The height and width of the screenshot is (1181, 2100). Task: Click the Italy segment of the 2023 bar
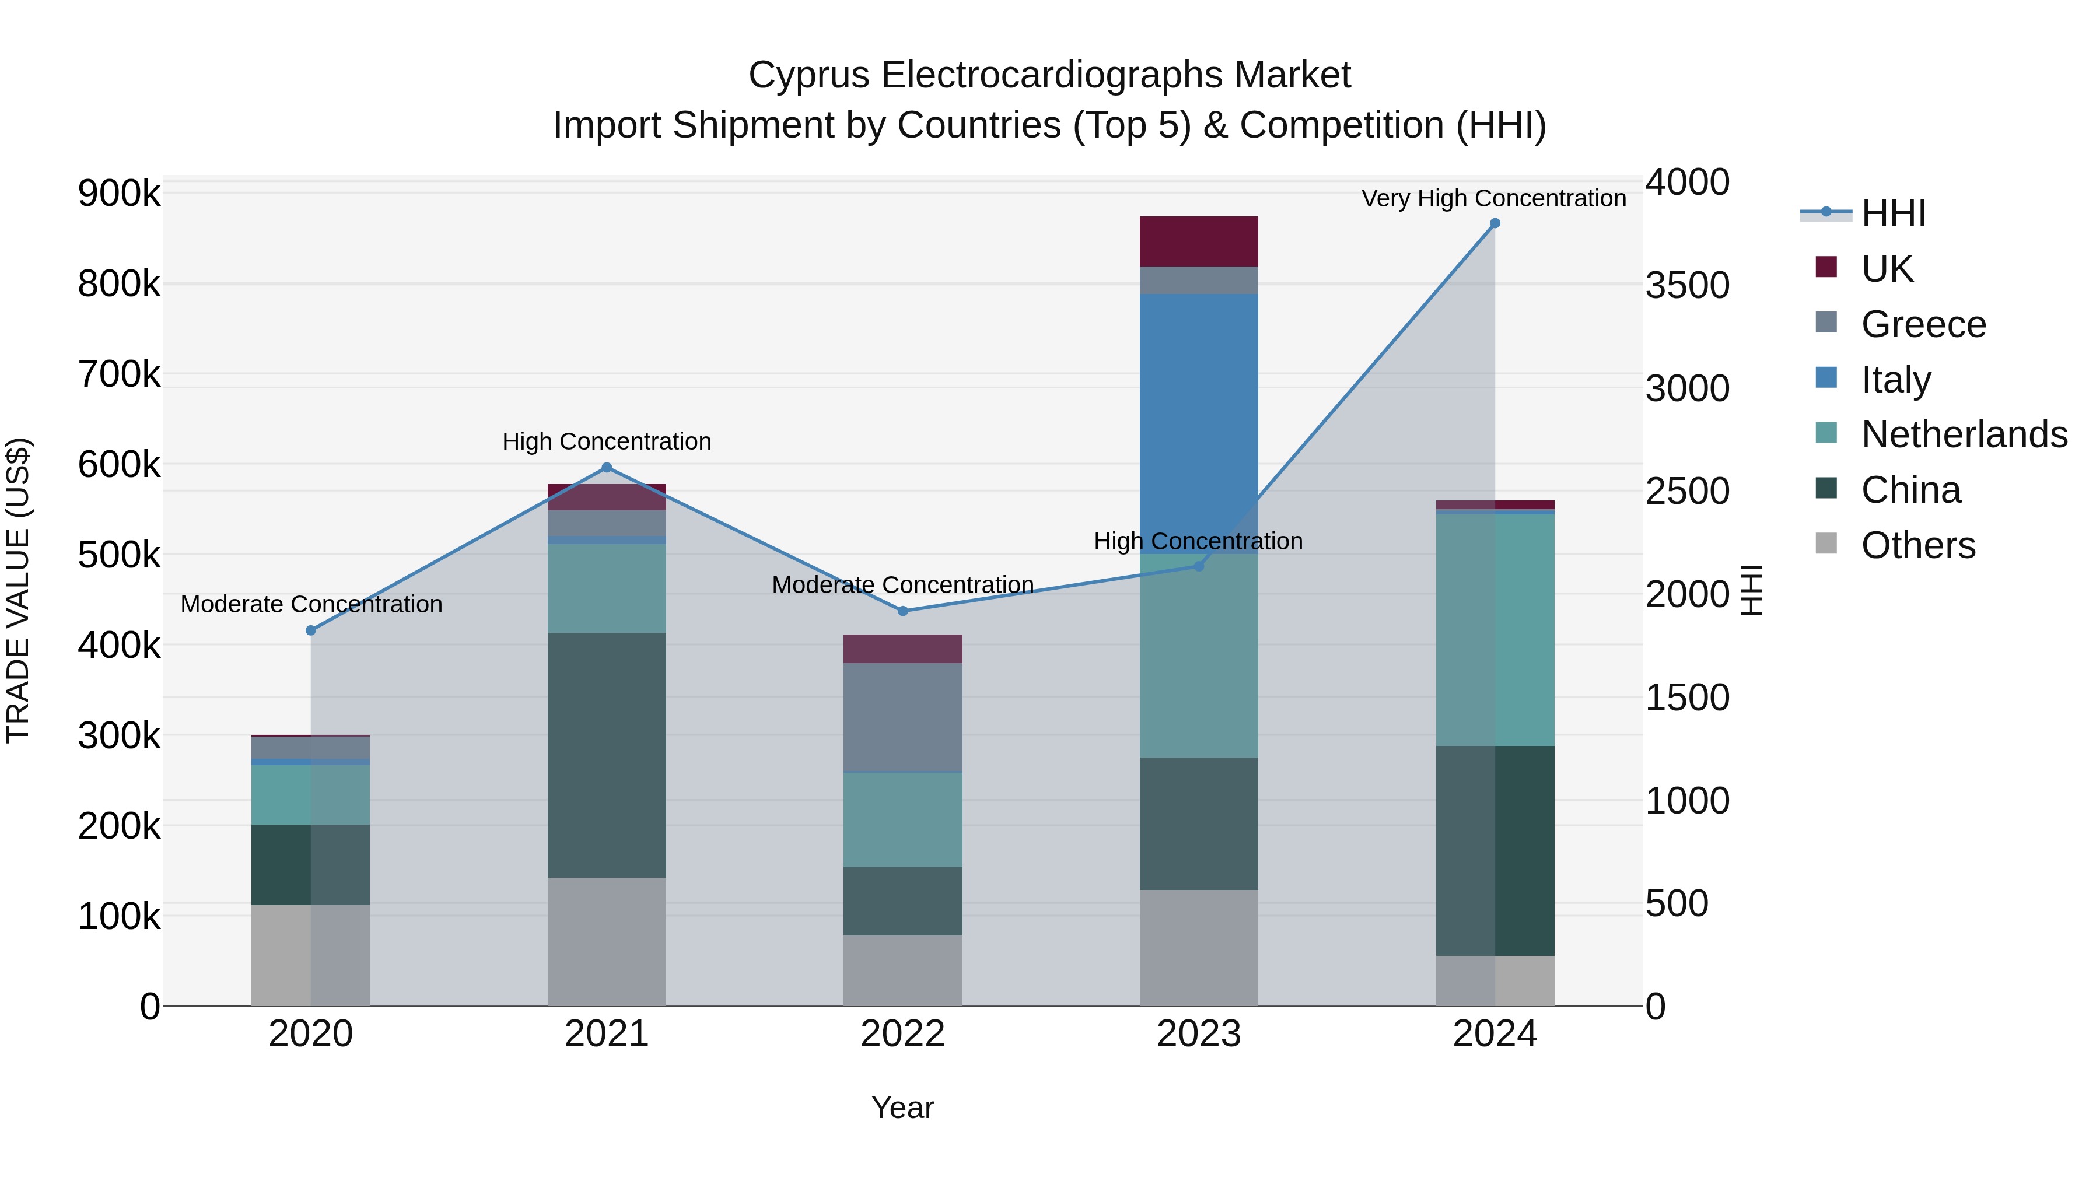[x=1198, y=424]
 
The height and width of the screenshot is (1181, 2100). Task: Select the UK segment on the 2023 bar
[x=1198, y=241]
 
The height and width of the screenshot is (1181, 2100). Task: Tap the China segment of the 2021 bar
[x=607, y=755]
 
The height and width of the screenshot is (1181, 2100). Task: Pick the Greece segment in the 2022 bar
[x=902, y=717]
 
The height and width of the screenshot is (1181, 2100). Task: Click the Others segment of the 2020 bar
[x=310, y=955]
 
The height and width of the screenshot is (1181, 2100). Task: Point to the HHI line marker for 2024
[x=1494, y=223]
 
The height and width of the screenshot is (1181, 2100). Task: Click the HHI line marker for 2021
[x=607, y=468]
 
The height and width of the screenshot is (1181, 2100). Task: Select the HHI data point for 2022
[x=902, y=611]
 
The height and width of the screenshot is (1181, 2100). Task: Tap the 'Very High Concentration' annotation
[x=1493, y=198]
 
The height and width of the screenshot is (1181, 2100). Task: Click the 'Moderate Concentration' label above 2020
[x=311, y=604]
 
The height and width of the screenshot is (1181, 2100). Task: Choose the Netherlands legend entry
[x=1963, y=434]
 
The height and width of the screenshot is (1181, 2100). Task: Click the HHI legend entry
[x=1893, y=213]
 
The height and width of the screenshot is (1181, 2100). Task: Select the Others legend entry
[x=1917, y=545]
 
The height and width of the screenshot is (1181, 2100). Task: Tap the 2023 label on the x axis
[x=1198, y=1034]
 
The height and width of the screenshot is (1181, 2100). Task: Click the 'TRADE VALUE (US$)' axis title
[x=18, y=590]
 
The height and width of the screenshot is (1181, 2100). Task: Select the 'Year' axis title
[x=902, y=1108]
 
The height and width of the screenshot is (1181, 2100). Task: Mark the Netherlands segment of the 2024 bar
[x=1494, y=629]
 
